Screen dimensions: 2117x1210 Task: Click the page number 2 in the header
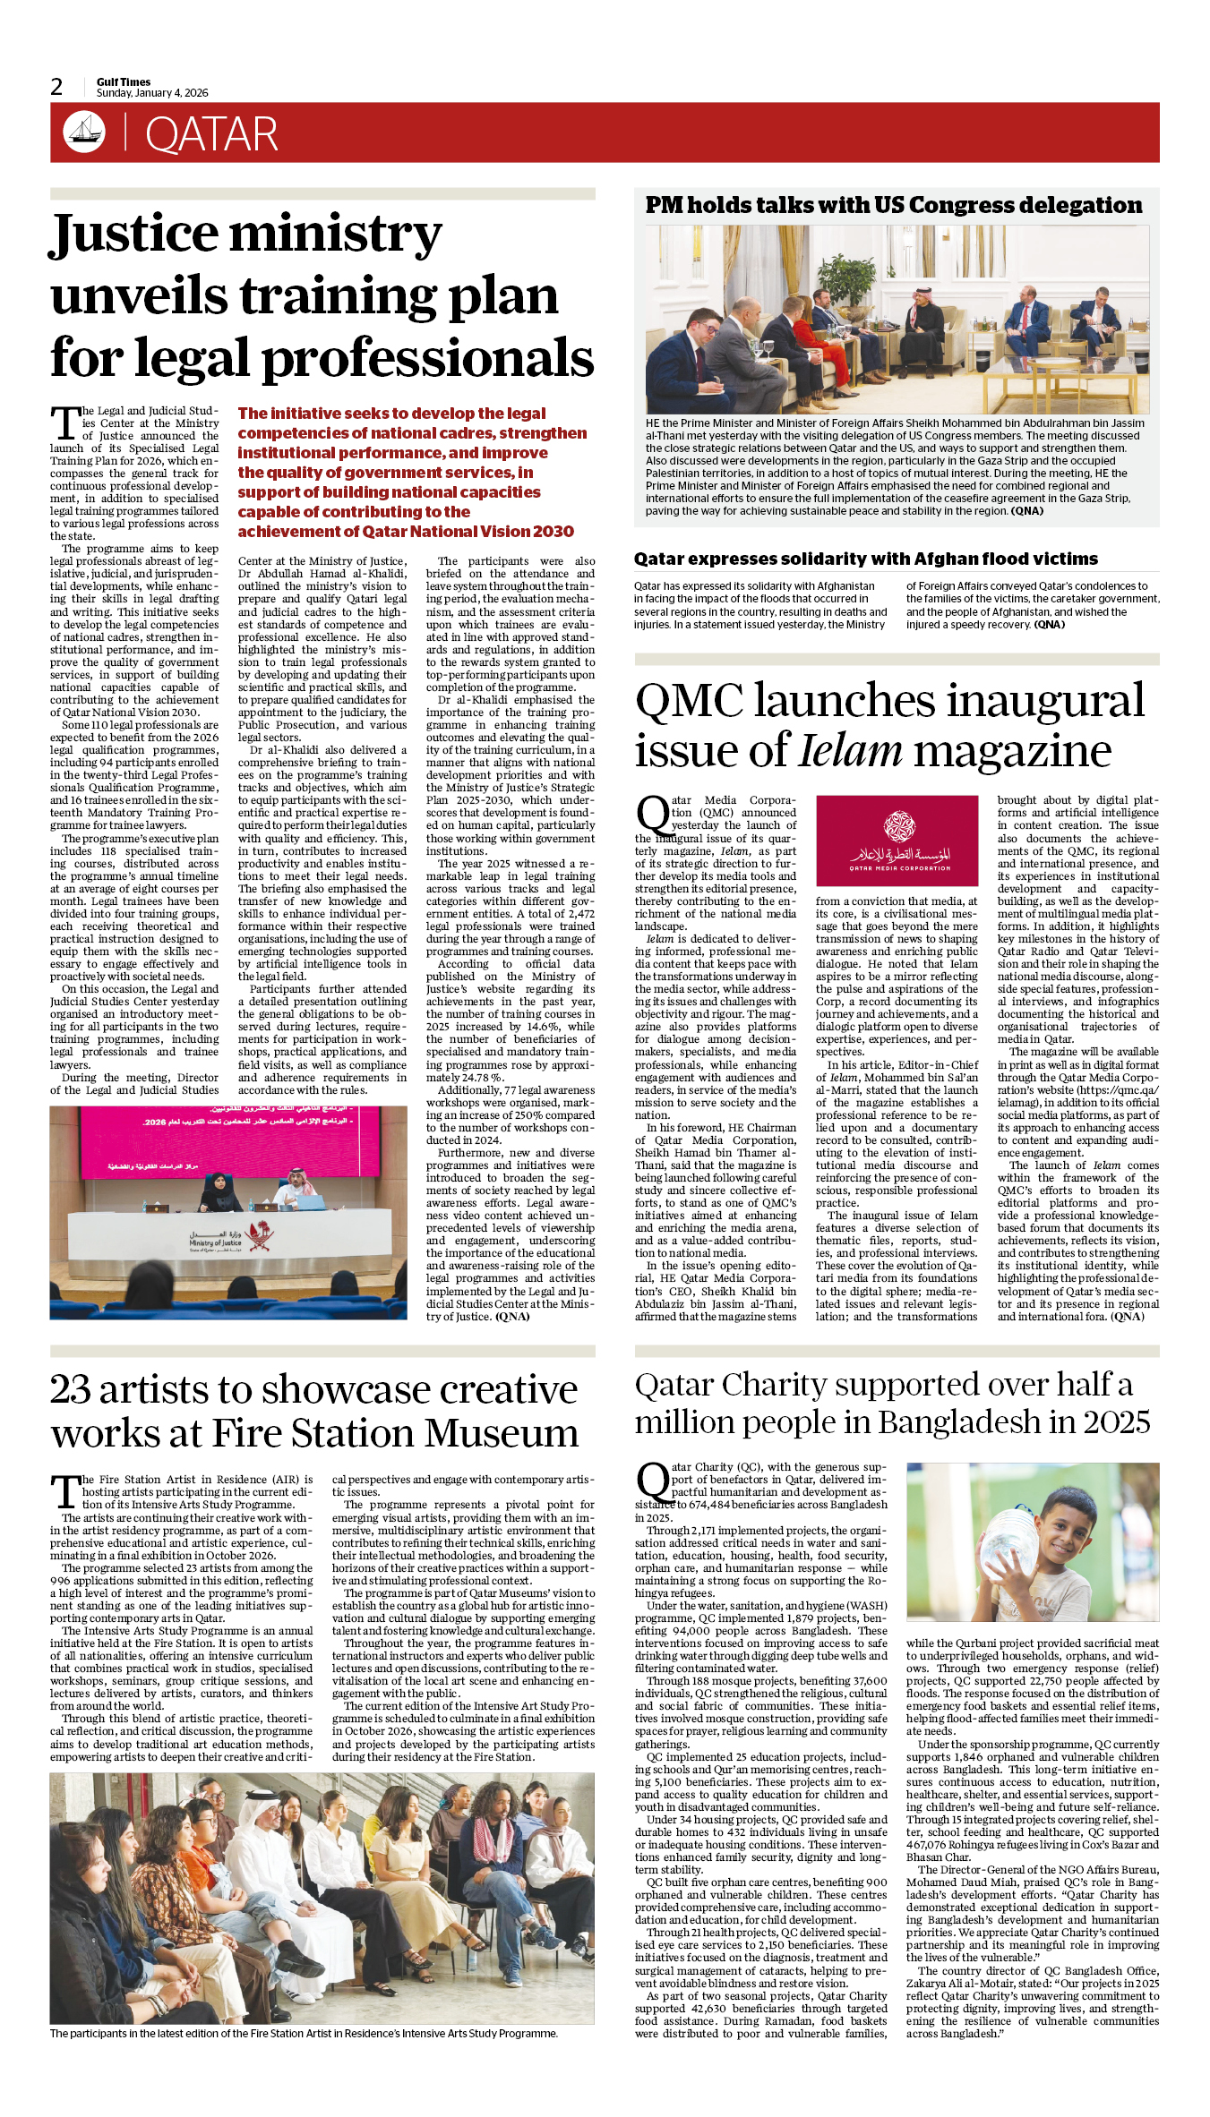(56, 87)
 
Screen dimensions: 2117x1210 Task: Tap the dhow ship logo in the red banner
(84, 132)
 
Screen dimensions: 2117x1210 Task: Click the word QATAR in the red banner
(211, 135)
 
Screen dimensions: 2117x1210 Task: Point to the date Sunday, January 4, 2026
(152, 93)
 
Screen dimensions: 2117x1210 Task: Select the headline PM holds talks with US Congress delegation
(893, 206)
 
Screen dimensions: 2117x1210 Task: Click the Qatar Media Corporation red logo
(897, 841)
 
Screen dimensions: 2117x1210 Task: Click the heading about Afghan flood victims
(865, 559)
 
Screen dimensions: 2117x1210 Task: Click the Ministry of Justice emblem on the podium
(261, 1236)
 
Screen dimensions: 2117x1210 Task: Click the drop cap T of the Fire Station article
(64, 1492)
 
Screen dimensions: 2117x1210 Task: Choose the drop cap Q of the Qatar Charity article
(652, 1481)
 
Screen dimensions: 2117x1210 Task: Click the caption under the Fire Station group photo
(304, 2033)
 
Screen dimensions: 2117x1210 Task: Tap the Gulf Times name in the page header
(124, 81)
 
